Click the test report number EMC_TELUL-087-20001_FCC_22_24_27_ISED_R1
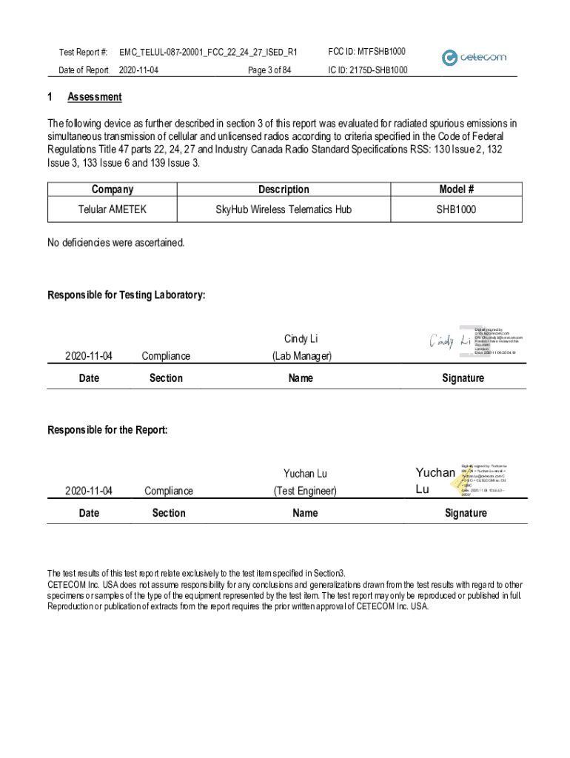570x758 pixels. (x=204, y=53)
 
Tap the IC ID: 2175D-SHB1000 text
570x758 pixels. (x=367, y=70)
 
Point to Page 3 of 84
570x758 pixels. (x=269, y=70)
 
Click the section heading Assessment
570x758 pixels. (x=95, y=97)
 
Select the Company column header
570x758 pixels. (x=113, y=189)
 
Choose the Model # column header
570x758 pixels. (x=456, y=189)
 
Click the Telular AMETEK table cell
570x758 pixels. (x=113, y=209)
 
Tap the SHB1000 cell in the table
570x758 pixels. (x=456, y=209)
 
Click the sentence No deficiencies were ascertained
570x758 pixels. (x=116, y=243)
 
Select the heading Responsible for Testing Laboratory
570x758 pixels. (x=127, y=295)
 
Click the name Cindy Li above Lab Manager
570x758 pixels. (x=301, y=339)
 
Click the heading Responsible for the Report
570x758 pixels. (x=108, y=430)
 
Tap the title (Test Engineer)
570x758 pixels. (x=305, y=490)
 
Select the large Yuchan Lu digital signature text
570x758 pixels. (x=435, y=480)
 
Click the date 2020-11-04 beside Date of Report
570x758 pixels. (x=138, y=70)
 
